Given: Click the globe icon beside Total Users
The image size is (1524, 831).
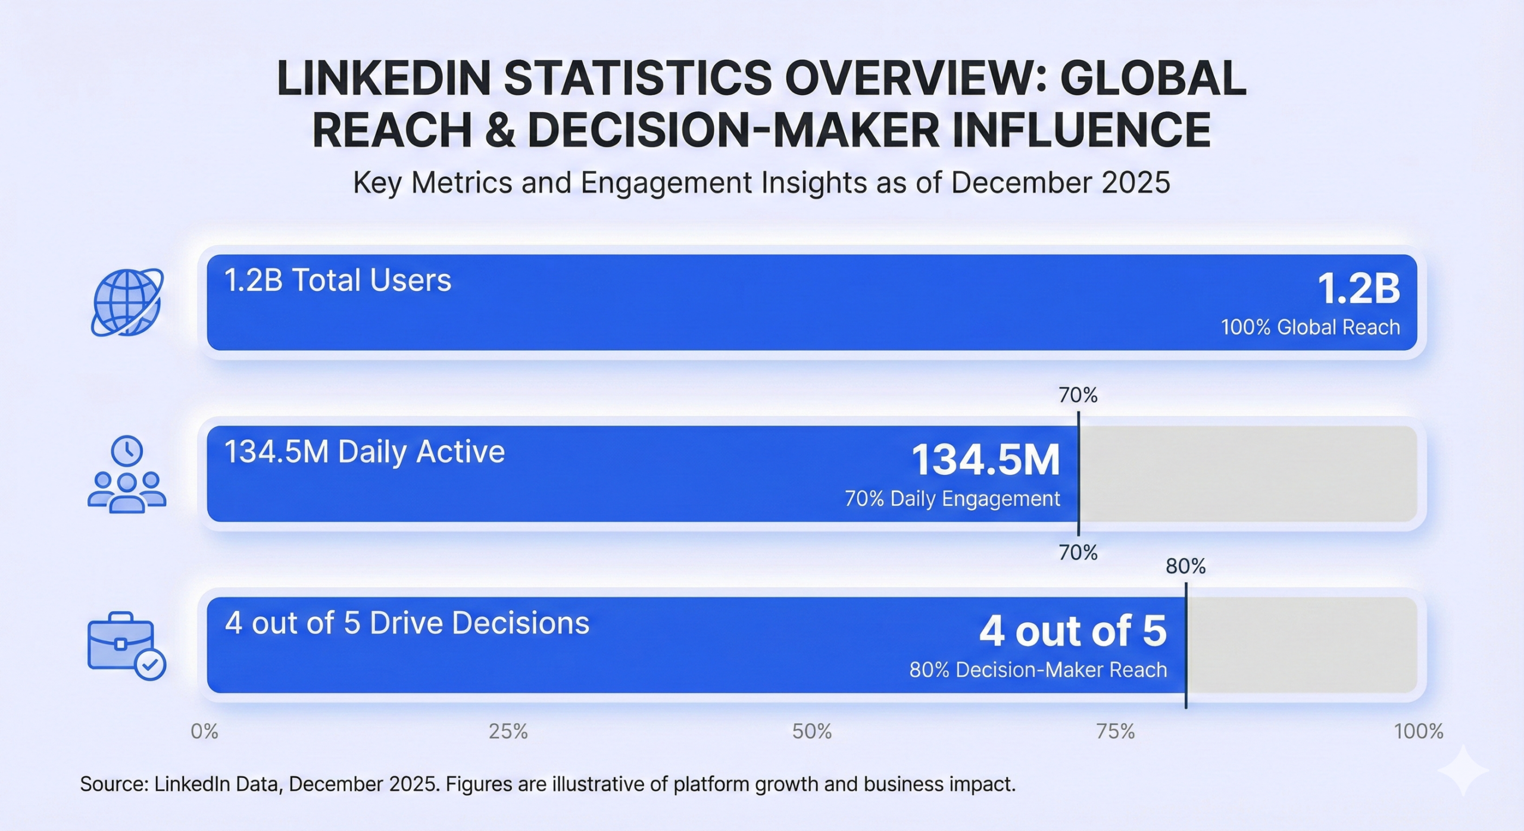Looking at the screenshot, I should [x=127, y=302].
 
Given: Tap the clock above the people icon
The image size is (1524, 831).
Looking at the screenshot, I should [x=127, y=451].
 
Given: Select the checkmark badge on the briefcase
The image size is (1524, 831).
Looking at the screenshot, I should [x=150, y=664].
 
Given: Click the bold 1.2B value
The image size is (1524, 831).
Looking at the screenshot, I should [x=1359, y=289].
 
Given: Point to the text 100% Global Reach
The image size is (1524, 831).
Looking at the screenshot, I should [x=1310, y=327].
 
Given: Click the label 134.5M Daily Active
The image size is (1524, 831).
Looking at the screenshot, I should [x=364, y=452].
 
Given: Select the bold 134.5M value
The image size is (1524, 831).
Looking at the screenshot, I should [x=986, y=460].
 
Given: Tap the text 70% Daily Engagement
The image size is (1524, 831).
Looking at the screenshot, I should [x=952, y=499].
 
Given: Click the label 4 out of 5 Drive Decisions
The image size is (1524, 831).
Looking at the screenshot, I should [x=407, y=623].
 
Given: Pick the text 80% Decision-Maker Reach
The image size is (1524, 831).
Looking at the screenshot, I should [x=1038, y=670].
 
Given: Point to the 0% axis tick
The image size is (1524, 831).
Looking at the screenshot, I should [x=204, y=732].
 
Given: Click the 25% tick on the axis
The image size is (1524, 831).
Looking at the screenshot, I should [x=508, y=732].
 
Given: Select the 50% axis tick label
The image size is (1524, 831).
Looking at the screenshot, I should [x=812, y=732].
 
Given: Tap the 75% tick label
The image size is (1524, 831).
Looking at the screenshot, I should [x=1116, y=732].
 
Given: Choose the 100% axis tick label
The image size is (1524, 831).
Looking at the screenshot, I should [x=1419, y=732].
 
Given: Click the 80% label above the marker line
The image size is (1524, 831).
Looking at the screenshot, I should [x=1185, y=567].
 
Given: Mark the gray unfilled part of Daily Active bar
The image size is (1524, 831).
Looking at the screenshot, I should [x=1247, y=474].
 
